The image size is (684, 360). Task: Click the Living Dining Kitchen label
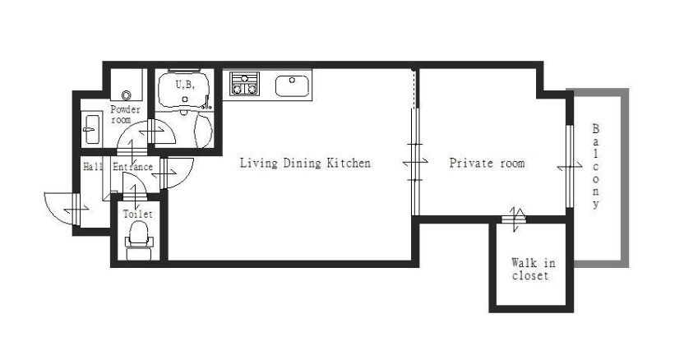(x=305, y=164)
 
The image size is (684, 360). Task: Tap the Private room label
(x=487, y=164)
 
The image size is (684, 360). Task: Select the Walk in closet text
(x=533, y=269)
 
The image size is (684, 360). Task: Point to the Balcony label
(x=595, y=166)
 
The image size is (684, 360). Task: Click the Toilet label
(x=138, y=214)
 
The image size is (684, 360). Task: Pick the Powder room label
(x=125, y=114)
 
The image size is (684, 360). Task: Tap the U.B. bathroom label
(x=185, y=84)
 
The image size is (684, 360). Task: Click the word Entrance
(x=132, y=167)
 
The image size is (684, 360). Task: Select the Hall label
(x=93, y=166)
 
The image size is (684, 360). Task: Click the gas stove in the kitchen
(x=245, y=84)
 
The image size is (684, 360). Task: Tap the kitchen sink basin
(x=293, y=85)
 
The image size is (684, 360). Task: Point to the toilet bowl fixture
(x=139, y=239)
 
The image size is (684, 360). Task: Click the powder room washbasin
(x=91, y=129)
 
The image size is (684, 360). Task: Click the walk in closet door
(x=514, y=218)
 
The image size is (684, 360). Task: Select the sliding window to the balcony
(x=569, y=166)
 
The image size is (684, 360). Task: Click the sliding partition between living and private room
(x=416, y=161)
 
